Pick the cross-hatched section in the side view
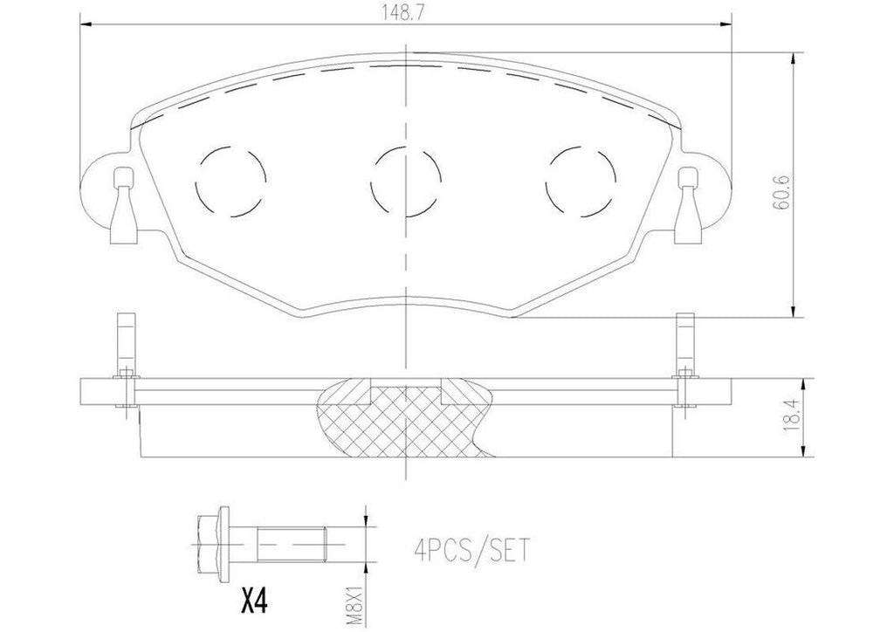(406, 417)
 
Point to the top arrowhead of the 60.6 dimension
(792, 58)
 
